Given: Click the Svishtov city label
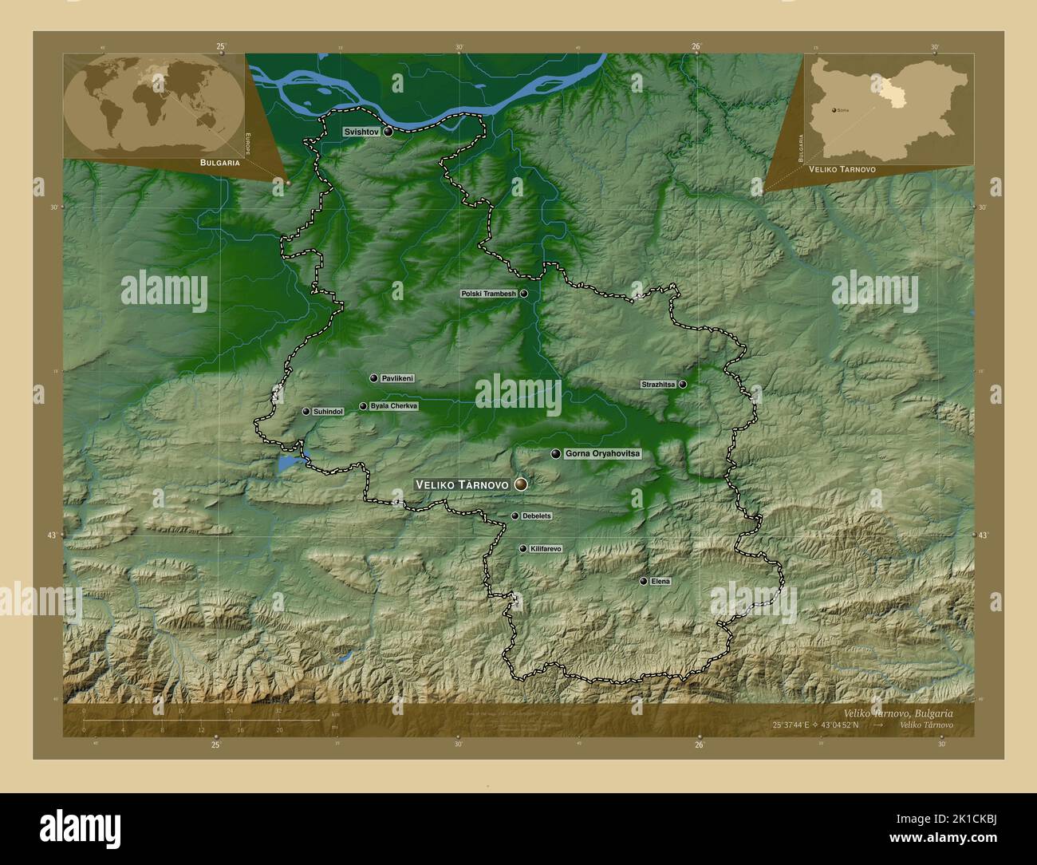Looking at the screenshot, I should tap(361, 131).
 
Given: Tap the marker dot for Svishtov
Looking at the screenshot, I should tap(388, 132).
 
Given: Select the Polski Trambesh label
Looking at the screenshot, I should tap(489, 294).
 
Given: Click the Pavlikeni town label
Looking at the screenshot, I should tap(397, 378).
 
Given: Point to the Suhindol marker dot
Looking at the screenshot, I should tap(306, 412).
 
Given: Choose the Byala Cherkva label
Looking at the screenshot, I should tap(393, 406).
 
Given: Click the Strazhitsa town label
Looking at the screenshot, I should tap(658, 385).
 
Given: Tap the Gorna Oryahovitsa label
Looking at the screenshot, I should tap(602, 453).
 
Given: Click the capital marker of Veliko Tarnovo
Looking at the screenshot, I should tap(522, 484).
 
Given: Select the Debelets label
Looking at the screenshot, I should tap(536, 516).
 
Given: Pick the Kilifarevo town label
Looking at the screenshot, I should tap(546, 549).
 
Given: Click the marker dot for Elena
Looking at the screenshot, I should tap(644, 581).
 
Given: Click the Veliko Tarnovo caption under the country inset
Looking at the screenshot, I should tap(842, 170).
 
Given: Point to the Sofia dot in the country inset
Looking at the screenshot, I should tap(834, 110).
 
